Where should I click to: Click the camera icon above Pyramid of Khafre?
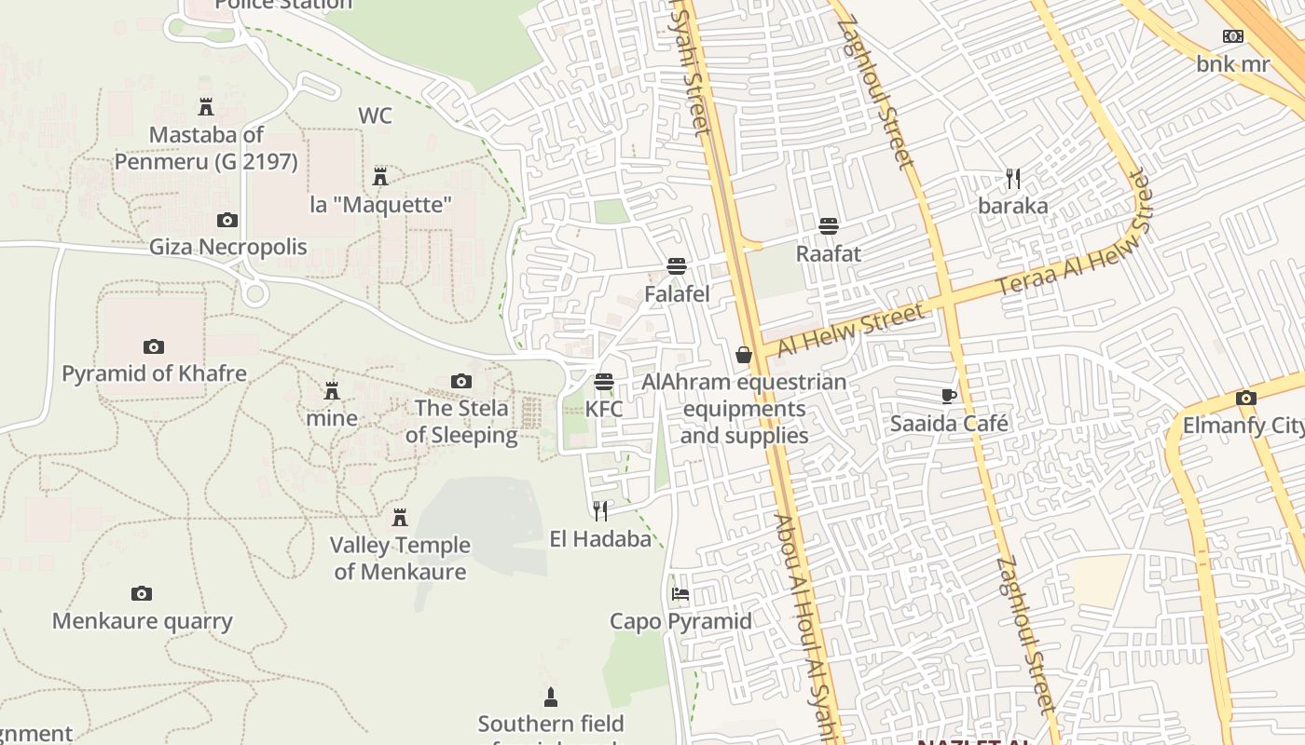click(154, 346)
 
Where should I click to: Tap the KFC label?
click(604, 409)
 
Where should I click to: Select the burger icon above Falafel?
click(677, 266)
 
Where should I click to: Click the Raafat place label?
click(828, 253)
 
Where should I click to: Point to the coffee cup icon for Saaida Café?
click(949, 396)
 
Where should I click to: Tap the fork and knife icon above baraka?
click(1013, 178)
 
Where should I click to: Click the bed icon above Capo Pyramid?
click(680, 594)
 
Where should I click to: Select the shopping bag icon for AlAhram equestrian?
click(744, 355)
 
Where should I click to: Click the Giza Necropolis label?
click(228, 247)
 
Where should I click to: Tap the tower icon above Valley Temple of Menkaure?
click(400, 517)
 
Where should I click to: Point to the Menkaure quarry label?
click(142, 621)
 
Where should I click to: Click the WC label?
click(375, 116)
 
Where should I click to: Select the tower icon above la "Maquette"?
click(380, 176)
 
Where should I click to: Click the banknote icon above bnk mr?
click(1233, 36)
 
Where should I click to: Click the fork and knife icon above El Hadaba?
click(600, 510)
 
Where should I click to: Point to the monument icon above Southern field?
click(551, 697)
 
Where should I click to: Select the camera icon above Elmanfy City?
click(1246, 399)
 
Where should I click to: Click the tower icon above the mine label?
click(332, 390)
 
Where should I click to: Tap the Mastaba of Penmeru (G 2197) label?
click(206, 148)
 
